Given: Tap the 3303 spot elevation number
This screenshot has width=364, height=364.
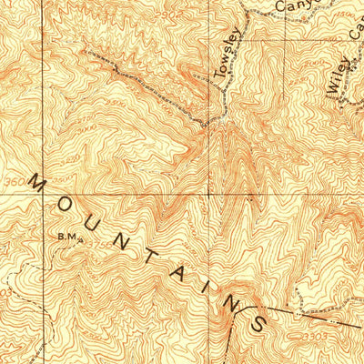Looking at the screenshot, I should [x=321, y=338].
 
